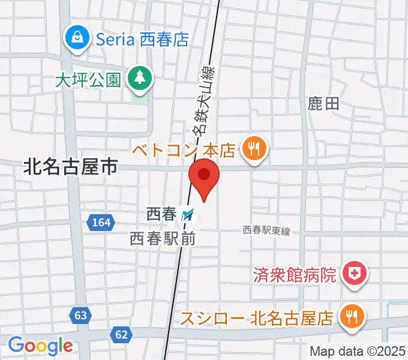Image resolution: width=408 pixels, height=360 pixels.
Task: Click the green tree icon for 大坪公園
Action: [140, 77]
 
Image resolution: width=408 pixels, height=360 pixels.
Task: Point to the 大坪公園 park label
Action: [88, 80]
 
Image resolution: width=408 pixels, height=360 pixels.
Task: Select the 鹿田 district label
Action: [324, 104]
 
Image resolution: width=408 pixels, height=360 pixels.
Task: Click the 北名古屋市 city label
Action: [70, 166]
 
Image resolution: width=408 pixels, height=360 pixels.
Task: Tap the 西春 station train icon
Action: [189, 214]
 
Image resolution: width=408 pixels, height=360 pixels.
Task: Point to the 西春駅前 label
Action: [163, 238]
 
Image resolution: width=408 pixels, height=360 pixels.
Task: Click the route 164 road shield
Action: [101, 223]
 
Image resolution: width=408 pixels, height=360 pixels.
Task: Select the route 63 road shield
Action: [81, 314]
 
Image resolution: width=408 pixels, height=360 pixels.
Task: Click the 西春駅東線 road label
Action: [266, 230]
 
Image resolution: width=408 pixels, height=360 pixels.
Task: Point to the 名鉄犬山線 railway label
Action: [202, 99]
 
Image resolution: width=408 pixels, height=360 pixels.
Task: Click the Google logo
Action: [40, 346]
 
